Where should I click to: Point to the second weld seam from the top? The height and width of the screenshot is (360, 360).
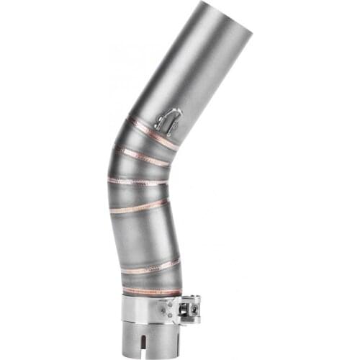[141, 155]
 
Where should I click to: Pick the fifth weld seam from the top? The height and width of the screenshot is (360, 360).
[150, 266]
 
